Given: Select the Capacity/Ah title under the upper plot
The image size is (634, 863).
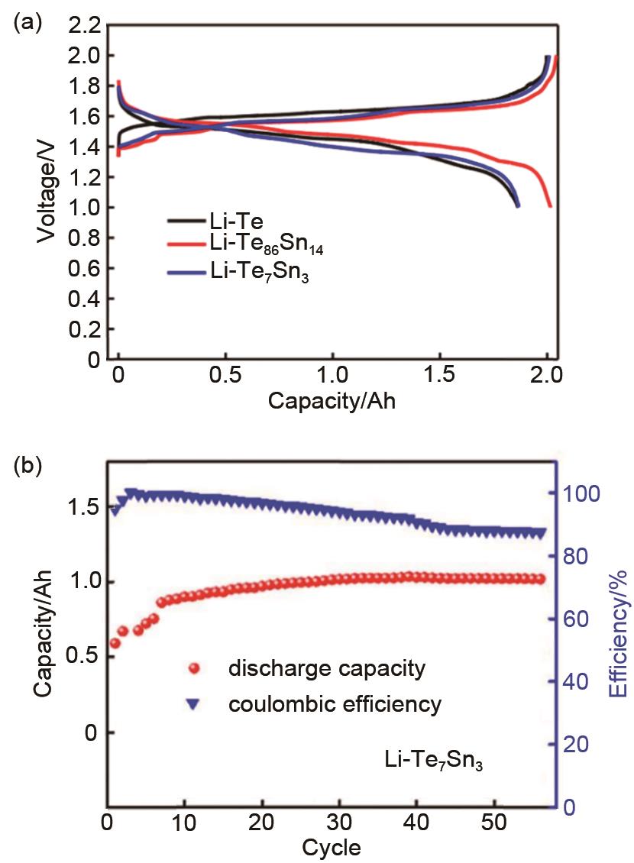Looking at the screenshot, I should (x=332, y=401).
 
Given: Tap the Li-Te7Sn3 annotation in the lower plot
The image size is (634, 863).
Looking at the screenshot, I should (x=433, y=761).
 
